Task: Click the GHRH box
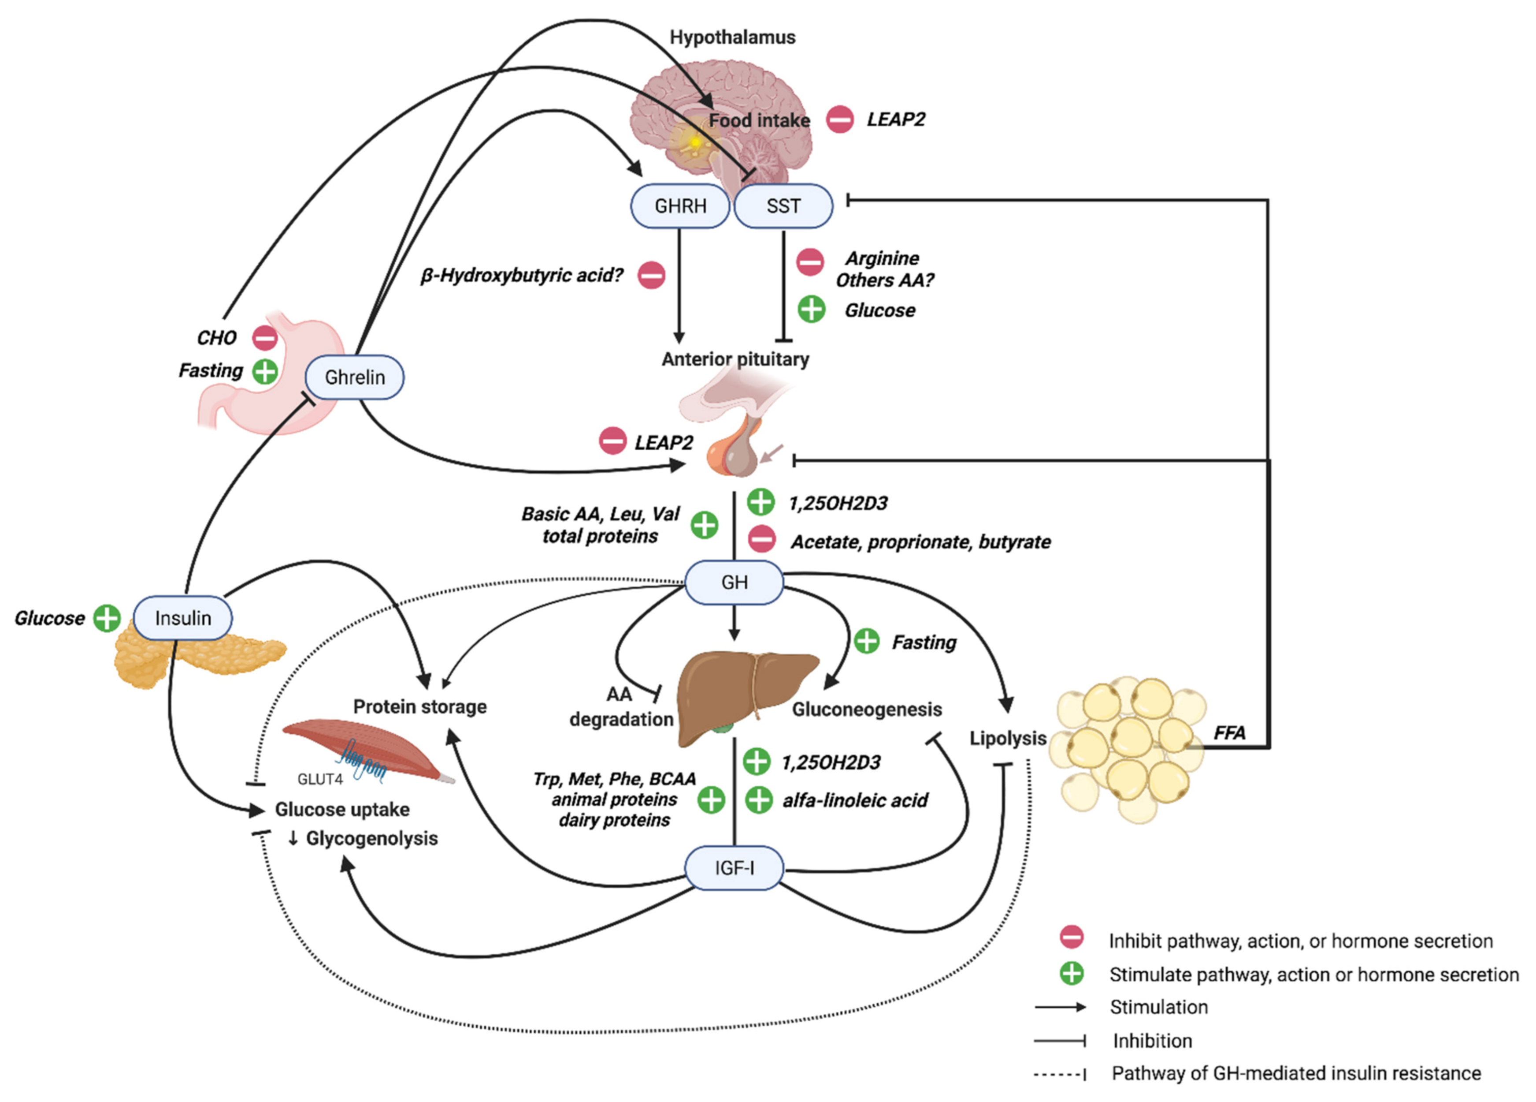click(680, 206)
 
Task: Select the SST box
click(783, 206)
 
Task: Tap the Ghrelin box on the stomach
click(354, 377)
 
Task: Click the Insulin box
click(183, 618)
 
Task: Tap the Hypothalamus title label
click(732, 37)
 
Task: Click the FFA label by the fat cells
click(1229, 732)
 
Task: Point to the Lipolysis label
click(1008, 738)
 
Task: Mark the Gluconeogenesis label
click(867, 710)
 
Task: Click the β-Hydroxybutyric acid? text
click(522, 276)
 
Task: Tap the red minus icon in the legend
click(1072, 938)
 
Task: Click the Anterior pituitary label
click(735, 359)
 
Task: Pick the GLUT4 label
click(319, 779)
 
